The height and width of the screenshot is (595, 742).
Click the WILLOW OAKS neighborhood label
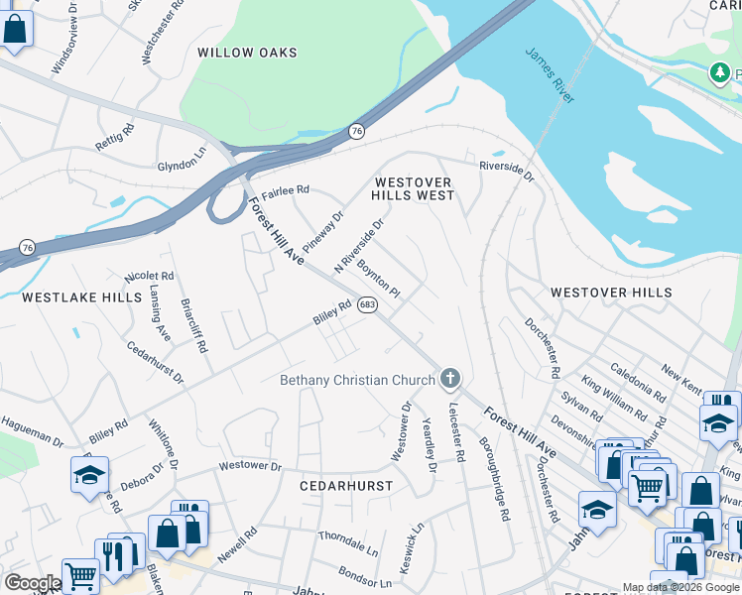coord(241,52)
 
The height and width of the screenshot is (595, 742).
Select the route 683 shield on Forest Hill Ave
coord(367,304)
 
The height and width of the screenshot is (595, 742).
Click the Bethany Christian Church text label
coord(357,380)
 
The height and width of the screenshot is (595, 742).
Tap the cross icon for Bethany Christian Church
coord(450,378)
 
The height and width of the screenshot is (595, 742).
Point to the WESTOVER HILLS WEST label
coord(413,188)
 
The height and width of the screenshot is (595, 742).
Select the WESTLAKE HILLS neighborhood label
coord(67,297)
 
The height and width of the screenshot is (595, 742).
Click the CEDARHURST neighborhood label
coord(346,486)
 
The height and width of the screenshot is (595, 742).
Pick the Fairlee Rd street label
coord(286,189)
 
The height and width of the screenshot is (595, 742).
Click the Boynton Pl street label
coord(378,281)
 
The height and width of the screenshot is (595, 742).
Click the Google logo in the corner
coord(32,583)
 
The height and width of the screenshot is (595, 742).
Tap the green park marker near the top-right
coord(719,71)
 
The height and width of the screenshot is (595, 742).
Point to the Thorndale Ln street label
coord(348,542)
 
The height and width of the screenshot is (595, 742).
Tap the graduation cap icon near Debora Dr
coord(90,474)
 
